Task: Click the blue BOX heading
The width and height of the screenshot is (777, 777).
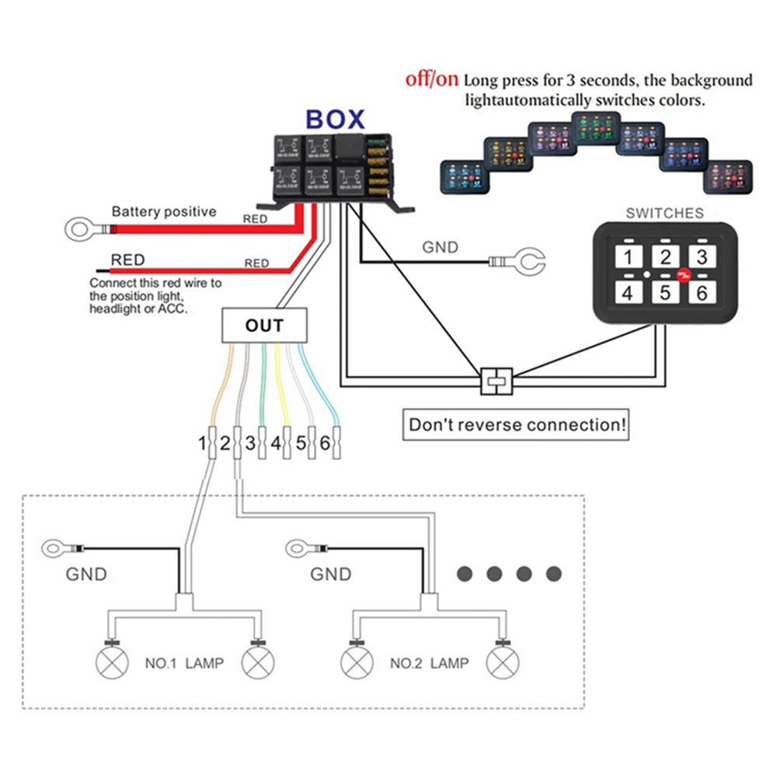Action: (x=335, y=119)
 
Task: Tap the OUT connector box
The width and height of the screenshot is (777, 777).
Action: (x=264, y=326)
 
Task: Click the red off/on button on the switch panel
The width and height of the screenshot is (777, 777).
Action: (x=681, y=274)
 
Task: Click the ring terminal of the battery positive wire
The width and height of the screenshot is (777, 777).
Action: (x=78, y=230)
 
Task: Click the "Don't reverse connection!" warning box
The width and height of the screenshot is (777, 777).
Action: (x=518, y=425)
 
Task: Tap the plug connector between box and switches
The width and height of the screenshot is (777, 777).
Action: (x=497, y=381)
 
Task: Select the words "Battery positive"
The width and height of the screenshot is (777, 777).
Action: (x=164, y=211)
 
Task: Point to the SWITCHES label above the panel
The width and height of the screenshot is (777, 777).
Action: (x=665, y=213)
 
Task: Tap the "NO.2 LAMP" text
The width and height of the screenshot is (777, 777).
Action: (x=429, y=663)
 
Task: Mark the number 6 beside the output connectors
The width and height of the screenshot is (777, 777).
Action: (x=325, y=444)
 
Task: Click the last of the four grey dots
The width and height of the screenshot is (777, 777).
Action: (x=553, y=574)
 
